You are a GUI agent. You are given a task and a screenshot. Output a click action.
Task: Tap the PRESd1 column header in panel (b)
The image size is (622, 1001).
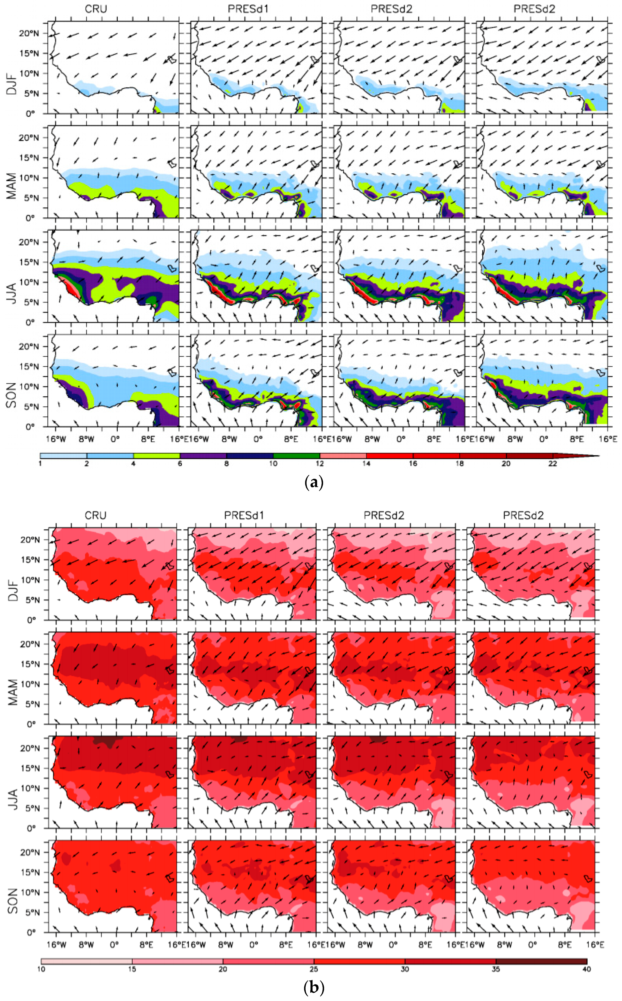(x=244, y=515)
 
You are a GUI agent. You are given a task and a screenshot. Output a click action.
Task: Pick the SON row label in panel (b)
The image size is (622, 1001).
(x=12, y=901)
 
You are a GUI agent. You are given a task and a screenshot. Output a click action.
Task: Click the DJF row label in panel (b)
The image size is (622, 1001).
(x=12, y=591)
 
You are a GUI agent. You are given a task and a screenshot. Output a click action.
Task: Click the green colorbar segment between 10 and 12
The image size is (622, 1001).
(x=297, y=456)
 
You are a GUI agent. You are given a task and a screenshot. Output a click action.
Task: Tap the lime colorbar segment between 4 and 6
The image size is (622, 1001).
(x=157, y=456)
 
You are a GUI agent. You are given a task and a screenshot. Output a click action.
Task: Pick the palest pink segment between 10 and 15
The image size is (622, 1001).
(x=86, y=961)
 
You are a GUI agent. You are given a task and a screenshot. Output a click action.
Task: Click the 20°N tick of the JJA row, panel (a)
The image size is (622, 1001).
(x=28, y=242)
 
